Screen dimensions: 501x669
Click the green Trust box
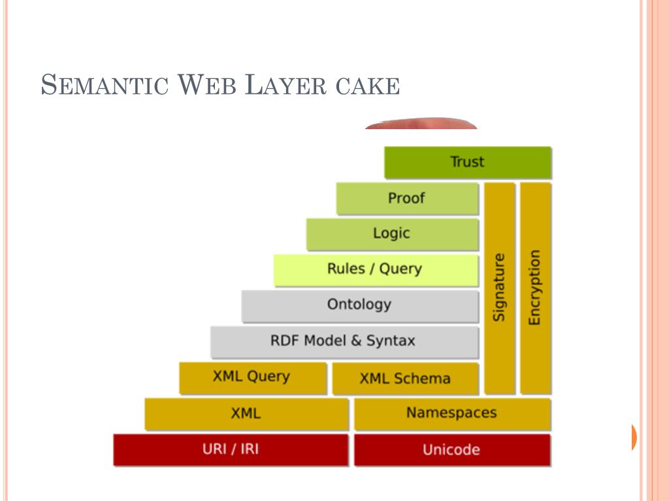coord(468,162)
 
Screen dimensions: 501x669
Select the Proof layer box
coord(408,198)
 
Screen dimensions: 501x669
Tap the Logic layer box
coord(392,234)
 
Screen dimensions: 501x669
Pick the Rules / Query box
coord(376,269)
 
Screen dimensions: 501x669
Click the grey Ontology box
coord(360,305)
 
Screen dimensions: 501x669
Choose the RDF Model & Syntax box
coord(344,341)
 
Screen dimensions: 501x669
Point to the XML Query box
coord(252,378)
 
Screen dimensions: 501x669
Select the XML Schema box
coord(405,378)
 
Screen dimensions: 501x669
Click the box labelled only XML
coord(246,414)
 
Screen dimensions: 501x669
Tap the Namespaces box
coord(452,414)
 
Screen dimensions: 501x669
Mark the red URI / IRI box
coord(231,449)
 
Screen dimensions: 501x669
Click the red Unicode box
coord(452,450)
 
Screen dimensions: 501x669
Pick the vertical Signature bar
coord(500,288)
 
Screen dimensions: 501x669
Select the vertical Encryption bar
coord(535,288)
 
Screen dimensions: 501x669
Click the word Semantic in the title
coord(105,86)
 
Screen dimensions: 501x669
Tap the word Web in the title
coord(207,86)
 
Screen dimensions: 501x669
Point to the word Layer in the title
coord(286,86)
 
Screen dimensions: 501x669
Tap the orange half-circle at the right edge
coord(634,437)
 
